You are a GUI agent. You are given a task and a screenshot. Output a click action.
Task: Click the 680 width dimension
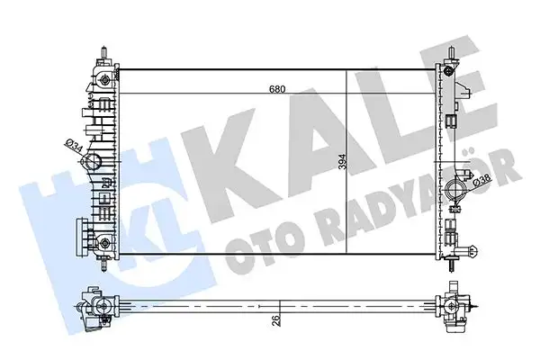[x=278, y=89]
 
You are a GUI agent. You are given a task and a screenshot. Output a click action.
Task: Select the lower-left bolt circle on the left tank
[x=107, y=246]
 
